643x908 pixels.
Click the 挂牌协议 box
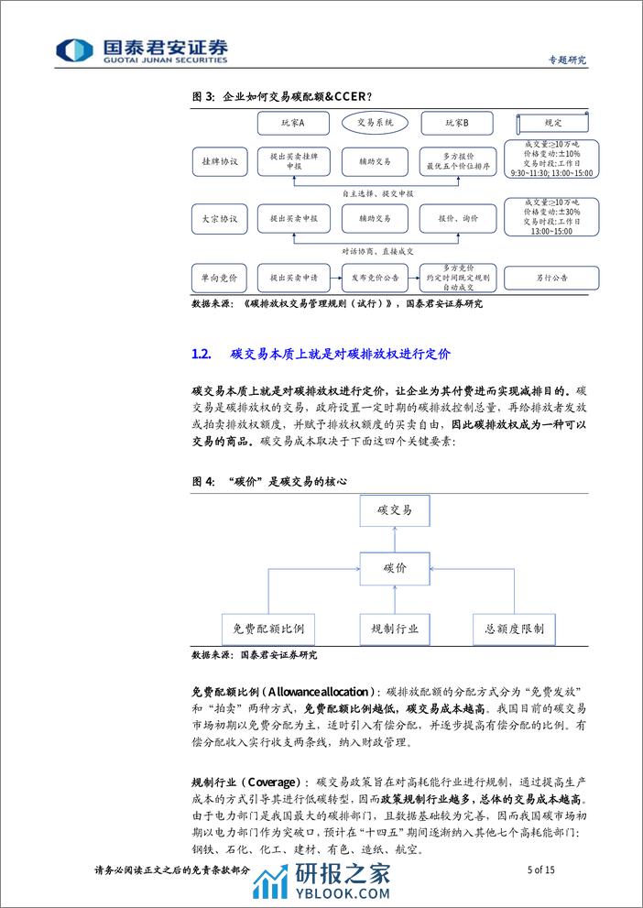[220, 161]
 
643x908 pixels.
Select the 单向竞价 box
[220, 276]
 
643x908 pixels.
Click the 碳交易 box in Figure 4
[394, 509]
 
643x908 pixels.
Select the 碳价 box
[394, 569]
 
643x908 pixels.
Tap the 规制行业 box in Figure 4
[394, 629]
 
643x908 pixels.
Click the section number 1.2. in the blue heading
[203, 353]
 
